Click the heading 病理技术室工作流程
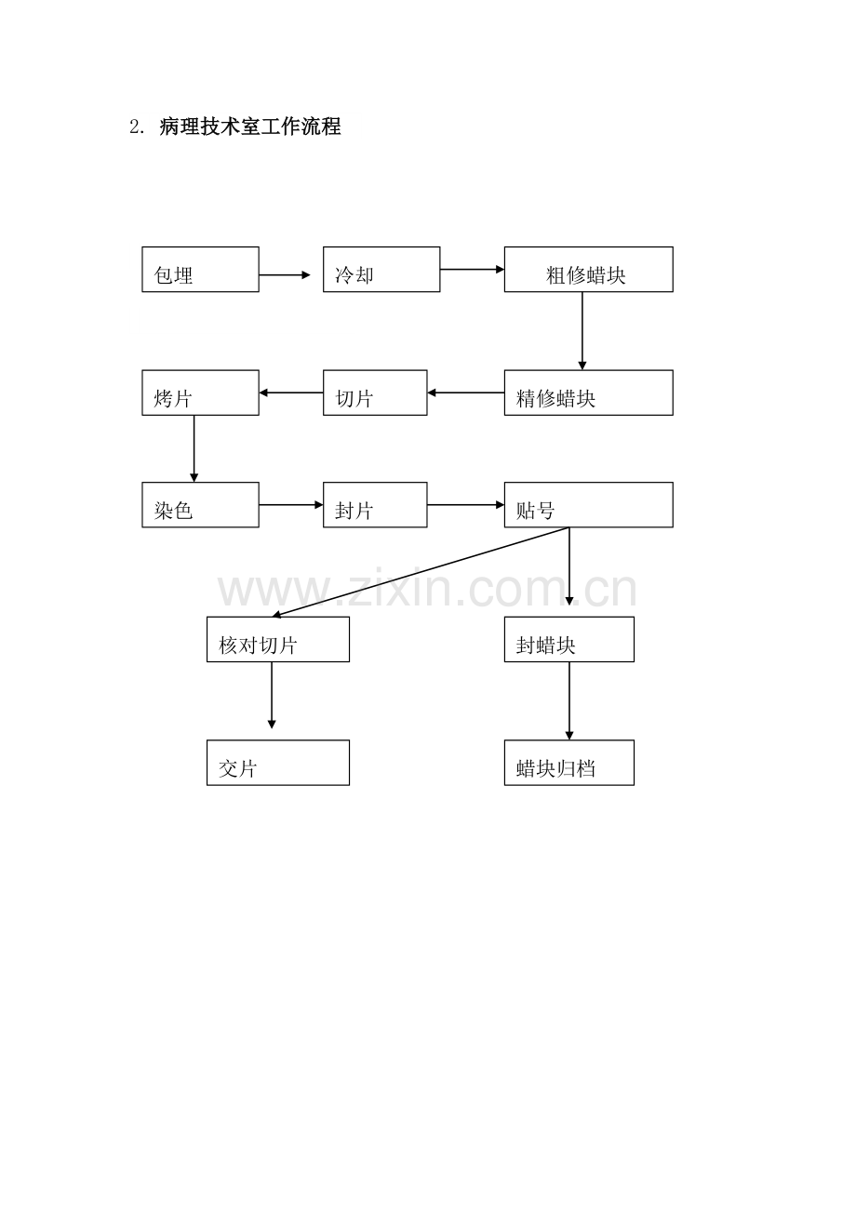point(250,126)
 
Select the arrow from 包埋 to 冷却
point(285,275)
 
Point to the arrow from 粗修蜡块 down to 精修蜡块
point(582,331)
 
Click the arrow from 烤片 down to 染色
point(194,448)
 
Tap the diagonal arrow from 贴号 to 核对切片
point(421,572)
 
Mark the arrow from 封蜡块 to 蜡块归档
point(568,700)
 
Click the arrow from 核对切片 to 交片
point(272,695)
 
